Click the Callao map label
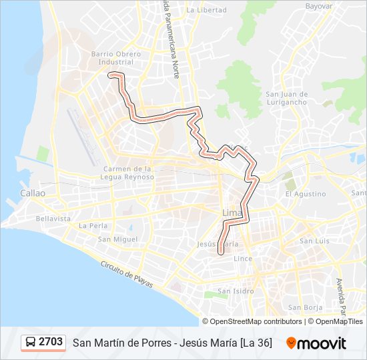point(32,193)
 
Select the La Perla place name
point(93,225)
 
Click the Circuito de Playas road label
point(127,274)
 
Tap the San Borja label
point(305,307)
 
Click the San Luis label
point(314,241)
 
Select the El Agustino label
point(306,194)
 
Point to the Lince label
point(243,258)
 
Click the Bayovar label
point(319,5)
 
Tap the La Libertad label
point(207,10)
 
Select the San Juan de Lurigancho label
point(286,98)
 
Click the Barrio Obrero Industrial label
point(115,57)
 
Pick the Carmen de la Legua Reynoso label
point(129,173)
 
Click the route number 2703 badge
point(51,342)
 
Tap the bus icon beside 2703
point(31,343)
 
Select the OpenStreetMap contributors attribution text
point(256,321)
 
